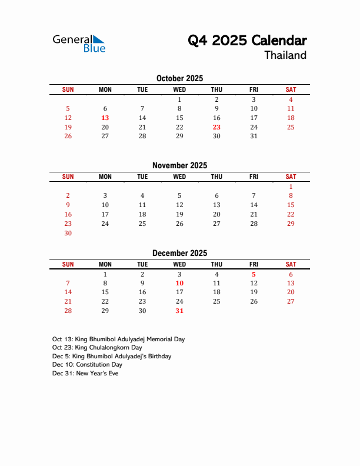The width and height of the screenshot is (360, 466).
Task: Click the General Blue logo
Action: click(79, 42)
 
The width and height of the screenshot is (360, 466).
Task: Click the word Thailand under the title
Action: click(285, 55)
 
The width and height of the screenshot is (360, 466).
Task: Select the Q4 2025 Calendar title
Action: click(247, 40)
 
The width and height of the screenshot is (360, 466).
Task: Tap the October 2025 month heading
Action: click(179, 78)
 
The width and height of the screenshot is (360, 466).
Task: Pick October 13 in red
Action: click(105, 118)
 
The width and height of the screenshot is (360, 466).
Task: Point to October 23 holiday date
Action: click(216, 127)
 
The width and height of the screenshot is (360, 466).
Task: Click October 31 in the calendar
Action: click(254, 136)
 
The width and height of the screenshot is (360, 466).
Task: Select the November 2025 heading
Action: click(179, 165)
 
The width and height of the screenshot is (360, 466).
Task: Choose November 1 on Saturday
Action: click(291, 186)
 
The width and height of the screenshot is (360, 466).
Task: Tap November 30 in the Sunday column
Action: click(68, 233)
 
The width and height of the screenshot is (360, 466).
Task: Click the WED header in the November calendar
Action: click(179, 177)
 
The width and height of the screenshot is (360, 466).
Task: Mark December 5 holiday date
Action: click(254, 274)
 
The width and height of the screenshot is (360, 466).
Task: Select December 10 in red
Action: click(179, 283)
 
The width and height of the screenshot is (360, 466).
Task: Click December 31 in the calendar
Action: click(179, 311)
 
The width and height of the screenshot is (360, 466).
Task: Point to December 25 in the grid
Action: click(216, 301)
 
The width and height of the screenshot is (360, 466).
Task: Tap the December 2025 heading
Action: click(179, 253)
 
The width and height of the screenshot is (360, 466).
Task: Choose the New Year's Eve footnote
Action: click(85, 373)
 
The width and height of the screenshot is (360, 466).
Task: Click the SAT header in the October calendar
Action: click(291, 89)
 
